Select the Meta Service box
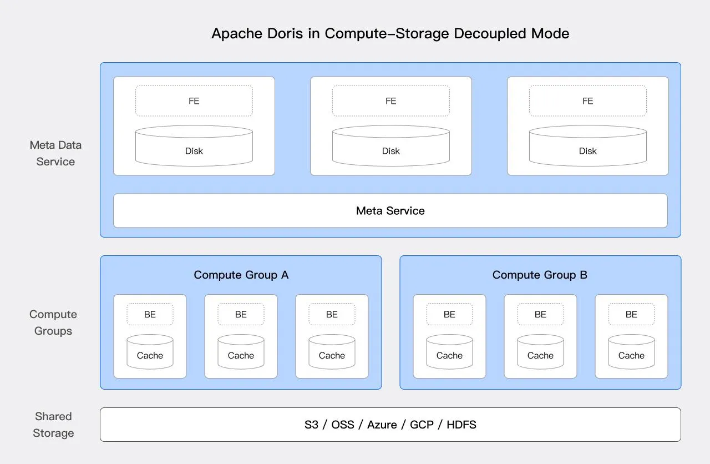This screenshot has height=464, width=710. pyautogui.click(x=390, y=211)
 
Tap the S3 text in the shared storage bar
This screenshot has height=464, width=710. pyautogui.click(x=312, y=425)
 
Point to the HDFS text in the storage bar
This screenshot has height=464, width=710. pyautogui.click(x=461, y=425)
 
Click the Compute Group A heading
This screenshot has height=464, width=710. pyautogui.click(x=241, y=275)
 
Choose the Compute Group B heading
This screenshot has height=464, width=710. pyautogui.click(x=540, y=275)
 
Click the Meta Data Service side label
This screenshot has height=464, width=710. pyautogui.click(x=55, y=153)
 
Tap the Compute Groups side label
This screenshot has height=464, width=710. pyautogui.click(x=53, y=322)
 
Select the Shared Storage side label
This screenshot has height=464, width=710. pyautogui.click(x=53, y=425)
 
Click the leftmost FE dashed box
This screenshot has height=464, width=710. pyautogui.click(x=194, y=101)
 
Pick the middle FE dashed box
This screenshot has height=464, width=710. pyautogui.click(x=391, y=101)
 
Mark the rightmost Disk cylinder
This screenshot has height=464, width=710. pyautogui.click(x=588, y=147)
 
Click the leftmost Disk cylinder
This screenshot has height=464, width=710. pyautogui.click(x=194, y=147)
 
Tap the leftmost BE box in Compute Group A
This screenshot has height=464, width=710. pyautogui.click(x=150, y=314)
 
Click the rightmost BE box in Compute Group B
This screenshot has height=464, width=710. pyautogui.click(x=631, y=314)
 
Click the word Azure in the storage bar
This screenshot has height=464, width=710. pyautogui.click(x=382, y=425)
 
